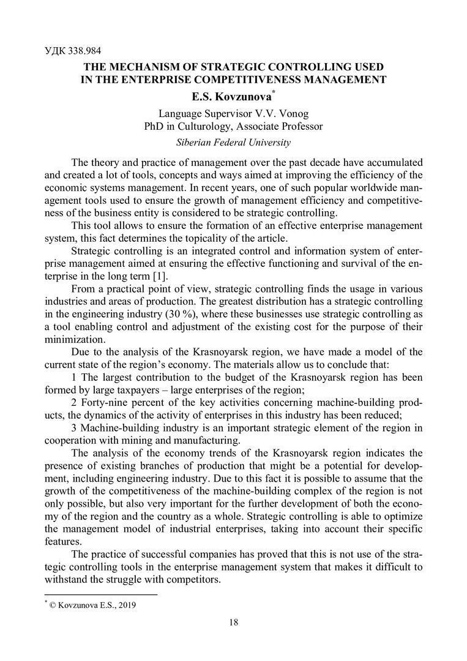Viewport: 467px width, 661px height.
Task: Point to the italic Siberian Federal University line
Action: tap(233, 143)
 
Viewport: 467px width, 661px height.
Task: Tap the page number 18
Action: tap(233, 622)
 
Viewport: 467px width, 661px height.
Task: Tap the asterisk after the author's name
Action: tap(272, 91)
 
